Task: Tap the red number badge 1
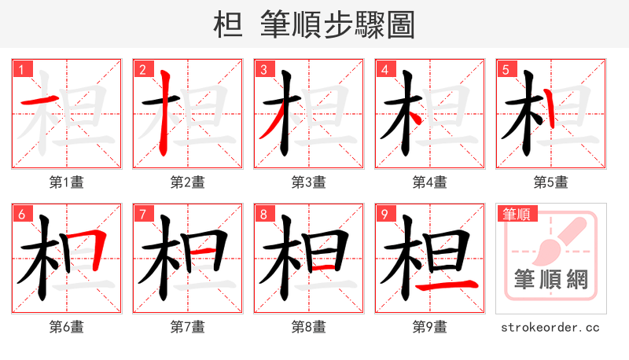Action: [x=21, y=70]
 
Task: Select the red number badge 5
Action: [x=506, y=70]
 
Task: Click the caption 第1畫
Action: [x=67, y=182]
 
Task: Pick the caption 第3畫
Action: [x=309, y=182]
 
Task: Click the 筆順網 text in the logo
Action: [x=550, y=280]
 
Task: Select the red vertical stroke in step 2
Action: [x=164, y=110]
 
